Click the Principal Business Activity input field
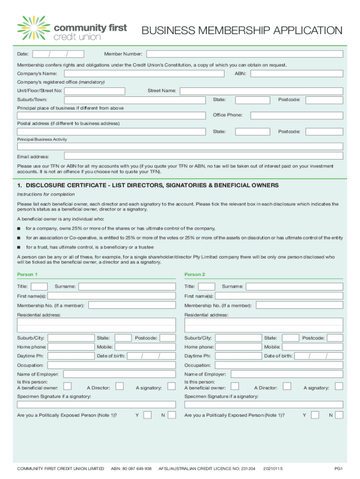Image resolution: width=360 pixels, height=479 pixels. point(180,146)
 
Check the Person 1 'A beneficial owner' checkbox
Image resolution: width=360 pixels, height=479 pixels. point(67,386)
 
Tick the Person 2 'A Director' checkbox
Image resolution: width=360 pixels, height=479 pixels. point(287,386)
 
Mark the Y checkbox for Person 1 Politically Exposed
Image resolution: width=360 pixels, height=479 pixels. point(147,415)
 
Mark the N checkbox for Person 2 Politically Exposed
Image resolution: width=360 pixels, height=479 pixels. point(339,415)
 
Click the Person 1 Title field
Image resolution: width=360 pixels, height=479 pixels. point(39,286)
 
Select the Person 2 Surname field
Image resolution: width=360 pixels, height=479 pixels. point(295,286)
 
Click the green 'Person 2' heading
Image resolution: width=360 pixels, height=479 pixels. point(194,275)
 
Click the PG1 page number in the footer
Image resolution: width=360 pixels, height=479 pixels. point(338,468)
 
